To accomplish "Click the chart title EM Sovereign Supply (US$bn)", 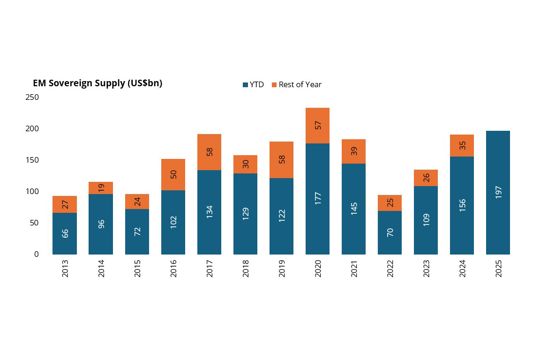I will point(97,83).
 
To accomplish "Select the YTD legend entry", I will point(253,85).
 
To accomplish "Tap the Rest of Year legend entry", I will point(296,85).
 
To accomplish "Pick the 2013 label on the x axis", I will point(65,269).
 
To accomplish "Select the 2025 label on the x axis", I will point(498,269).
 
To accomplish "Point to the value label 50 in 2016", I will point(173,174).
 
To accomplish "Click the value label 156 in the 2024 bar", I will point(462,205).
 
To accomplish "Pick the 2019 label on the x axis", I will point(282,269).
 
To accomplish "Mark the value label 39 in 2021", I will point(354,151).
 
